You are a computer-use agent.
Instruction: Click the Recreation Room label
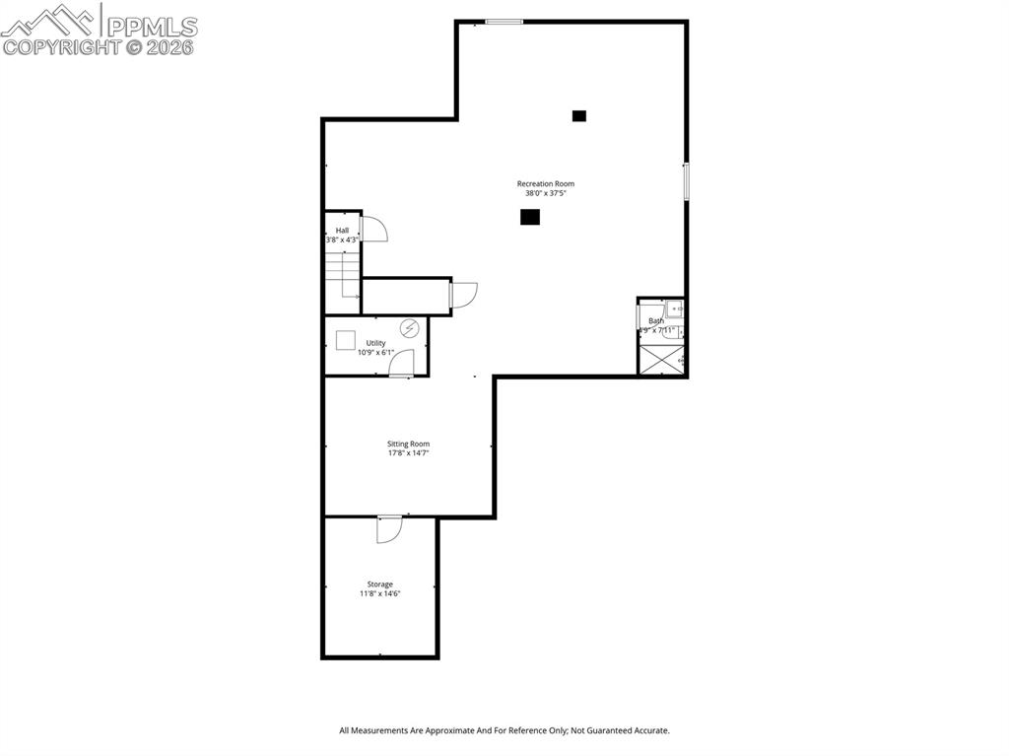(545, 183)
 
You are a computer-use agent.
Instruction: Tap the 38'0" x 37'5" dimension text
(545, 193)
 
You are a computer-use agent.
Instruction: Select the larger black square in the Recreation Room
(530, 217)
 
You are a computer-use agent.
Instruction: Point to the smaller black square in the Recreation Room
(579, 115)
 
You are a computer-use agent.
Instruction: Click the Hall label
(342, 231)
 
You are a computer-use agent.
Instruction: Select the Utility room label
(375, 343)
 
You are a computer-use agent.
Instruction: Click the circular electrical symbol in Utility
(409, 327)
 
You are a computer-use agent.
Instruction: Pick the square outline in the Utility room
(345, 339)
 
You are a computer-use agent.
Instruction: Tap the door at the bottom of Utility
(401, 365)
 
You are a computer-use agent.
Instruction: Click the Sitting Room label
(408, 444)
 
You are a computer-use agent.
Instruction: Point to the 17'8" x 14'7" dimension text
(408, 453)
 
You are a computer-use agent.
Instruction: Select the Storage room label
(380, 584)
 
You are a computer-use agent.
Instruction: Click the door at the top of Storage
(389, 528)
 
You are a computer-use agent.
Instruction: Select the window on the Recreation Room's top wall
(504, 22)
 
